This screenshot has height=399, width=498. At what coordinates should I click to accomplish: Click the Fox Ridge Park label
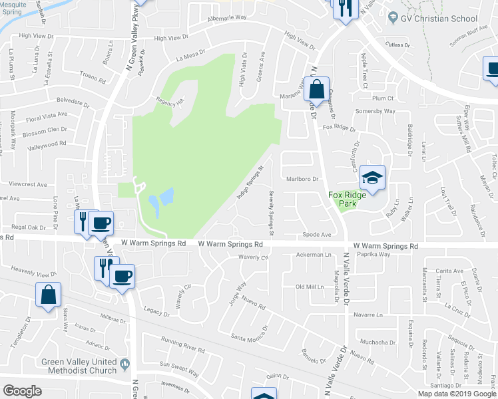[348, 199]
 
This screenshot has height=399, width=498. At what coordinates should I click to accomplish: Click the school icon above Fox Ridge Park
[373, 178]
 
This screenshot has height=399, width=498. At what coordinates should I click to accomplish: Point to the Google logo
[22, 391]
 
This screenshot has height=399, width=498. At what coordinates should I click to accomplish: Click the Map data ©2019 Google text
[457, 393]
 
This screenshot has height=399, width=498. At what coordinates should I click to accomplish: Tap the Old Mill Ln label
[308, 286]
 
